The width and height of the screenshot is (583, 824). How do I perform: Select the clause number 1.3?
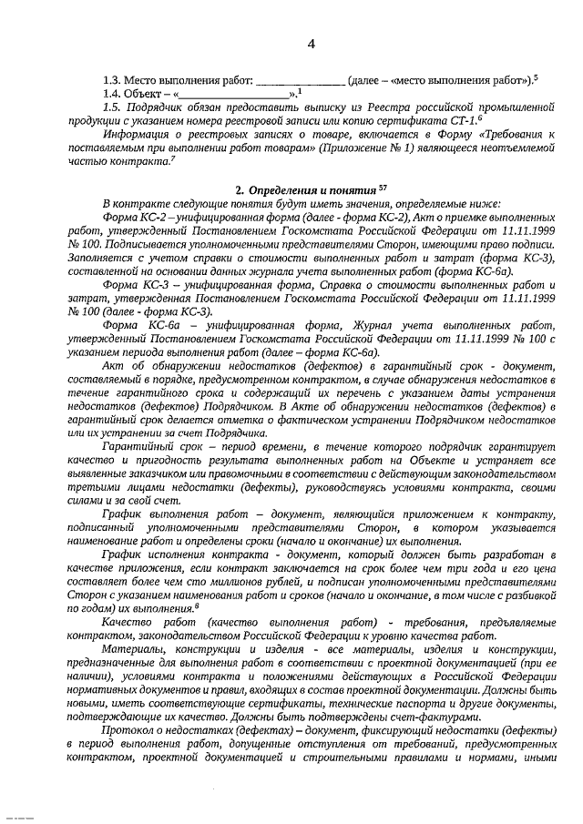[x=112, y=79]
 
